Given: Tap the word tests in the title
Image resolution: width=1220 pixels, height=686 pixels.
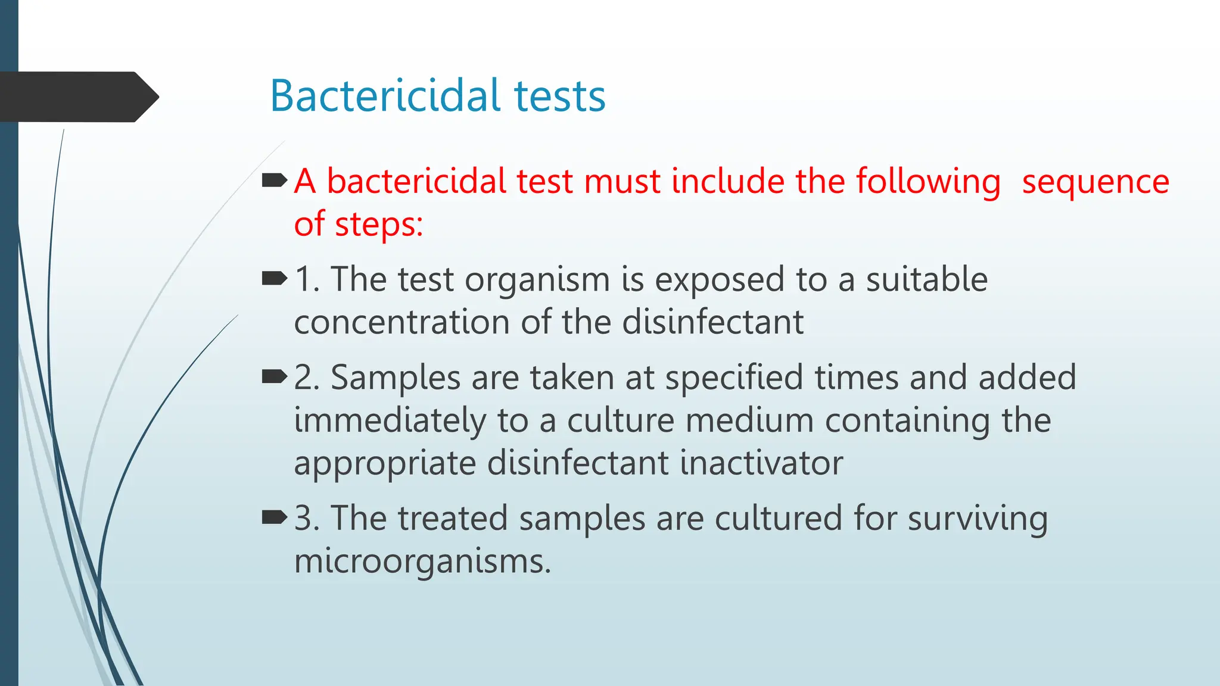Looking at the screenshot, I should coord(559,96).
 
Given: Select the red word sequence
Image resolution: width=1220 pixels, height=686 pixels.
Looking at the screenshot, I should coord(1095,181).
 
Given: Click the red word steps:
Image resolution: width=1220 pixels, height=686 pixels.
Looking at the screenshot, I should coord(379,225).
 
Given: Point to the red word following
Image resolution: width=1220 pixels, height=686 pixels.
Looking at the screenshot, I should coord(928,182).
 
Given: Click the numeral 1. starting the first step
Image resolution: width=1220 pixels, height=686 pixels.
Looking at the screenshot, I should coord(307,279).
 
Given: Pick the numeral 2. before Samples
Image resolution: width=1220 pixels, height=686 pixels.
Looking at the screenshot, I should coord(307,377).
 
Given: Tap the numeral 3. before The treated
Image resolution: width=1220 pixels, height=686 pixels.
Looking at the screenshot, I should coord(307,517).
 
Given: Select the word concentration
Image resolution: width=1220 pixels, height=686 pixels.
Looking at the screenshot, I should coord(402,322).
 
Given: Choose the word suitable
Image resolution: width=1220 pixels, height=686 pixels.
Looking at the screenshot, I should coord(926,279).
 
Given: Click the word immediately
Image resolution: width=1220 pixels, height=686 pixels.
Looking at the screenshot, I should coord(390,420).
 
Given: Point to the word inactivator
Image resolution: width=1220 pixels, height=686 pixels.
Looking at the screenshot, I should coord(761,463).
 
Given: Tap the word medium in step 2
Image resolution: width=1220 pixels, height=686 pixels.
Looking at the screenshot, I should coord(749,420).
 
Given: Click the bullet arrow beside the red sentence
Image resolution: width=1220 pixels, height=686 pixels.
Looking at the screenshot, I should coord(275,180).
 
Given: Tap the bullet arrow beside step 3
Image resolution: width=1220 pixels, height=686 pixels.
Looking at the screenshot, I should coord(275,517).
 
